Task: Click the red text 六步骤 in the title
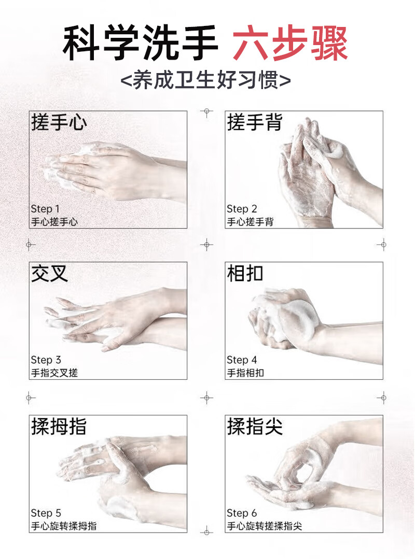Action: pos(290,43)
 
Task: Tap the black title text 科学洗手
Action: pos(140,43)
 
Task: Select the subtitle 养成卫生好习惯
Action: pos(206,80)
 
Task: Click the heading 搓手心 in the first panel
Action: pos(59,122)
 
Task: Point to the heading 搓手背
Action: pos(255,122)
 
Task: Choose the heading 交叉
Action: pos(49,274)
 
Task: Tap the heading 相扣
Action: pos(245,274)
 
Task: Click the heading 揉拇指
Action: pos(59,426)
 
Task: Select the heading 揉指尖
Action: pos(255,426)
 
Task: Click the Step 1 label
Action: pos(45,209)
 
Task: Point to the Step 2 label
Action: pos(242,209)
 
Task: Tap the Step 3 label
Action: pos(46,360)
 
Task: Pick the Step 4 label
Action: pos(242,360)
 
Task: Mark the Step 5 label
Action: pos(46,513)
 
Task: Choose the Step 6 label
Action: pos(242,513)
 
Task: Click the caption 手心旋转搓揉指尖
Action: pos(265,526)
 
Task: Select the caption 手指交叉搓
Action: pos(54,373)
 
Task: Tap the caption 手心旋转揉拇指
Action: pos(64,526)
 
